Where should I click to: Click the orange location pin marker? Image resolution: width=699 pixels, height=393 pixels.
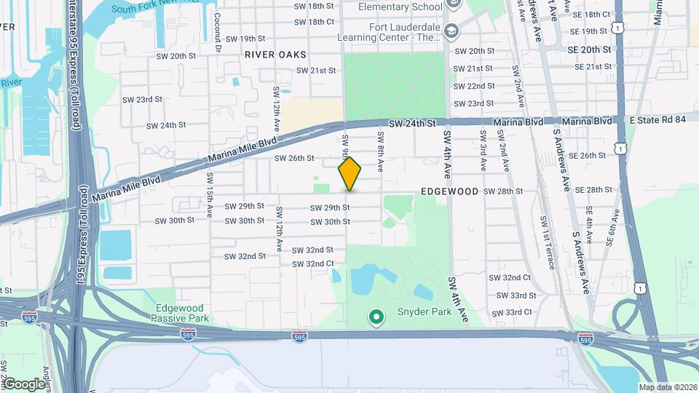349,173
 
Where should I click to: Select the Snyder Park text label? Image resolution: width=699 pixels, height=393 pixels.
423,312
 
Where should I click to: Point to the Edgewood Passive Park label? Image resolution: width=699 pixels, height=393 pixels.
181,312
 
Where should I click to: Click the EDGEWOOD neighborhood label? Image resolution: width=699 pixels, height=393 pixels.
449,191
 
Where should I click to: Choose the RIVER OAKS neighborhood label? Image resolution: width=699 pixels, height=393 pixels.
275,55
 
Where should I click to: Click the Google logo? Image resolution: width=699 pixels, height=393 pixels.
23,384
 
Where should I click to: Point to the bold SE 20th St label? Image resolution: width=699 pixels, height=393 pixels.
591,49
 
